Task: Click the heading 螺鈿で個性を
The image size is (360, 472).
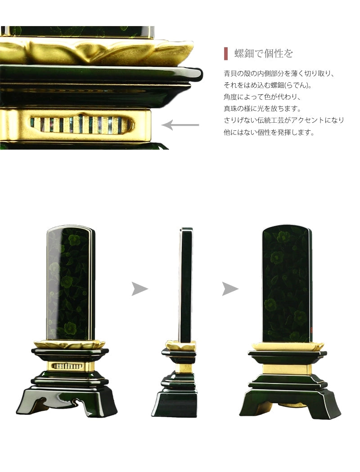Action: (264, 54)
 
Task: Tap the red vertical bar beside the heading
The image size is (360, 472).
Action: (225, 53)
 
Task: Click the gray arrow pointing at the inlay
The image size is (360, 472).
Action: (180, 125)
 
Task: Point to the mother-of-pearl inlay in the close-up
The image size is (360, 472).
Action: (81, 124)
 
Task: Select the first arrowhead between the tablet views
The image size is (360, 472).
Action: (139, 289)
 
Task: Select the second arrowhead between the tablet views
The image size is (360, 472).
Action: (230, 289)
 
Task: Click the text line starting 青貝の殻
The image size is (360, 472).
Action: (279, 73)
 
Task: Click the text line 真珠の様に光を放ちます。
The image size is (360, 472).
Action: (262, 108)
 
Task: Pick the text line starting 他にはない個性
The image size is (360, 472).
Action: (268, 132)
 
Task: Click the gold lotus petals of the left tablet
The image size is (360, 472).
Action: (69, 344)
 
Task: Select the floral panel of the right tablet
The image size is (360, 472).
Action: (287, 283)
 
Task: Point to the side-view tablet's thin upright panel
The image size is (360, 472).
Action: (185, 283)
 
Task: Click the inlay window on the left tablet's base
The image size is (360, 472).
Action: (68, 366)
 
